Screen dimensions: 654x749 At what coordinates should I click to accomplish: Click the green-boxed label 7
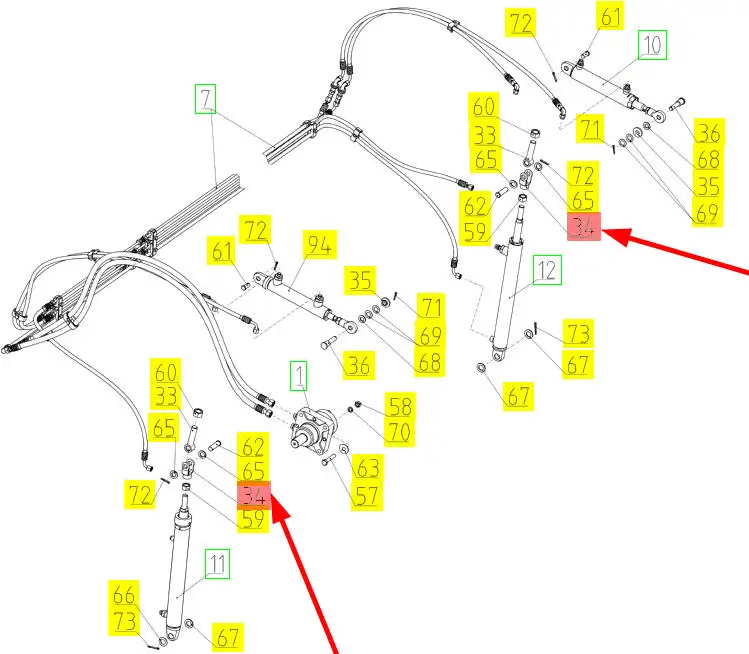[206, 100]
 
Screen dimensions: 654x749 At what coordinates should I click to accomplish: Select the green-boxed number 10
[652, 45]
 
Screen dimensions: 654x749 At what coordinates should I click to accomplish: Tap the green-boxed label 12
[547, 269]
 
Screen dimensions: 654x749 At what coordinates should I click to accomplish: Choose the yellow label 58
[400, 407]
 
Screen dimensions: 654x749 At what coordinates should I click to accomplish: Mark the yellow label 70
[400, 432]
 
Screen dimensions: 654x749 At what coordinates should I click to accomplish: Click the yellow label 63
[368, 467]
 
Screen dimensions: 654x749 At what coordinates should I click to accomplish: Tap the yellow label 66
[124, 596]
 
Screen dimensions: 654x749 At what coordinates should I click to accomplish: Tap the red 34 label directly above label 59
[254, 494]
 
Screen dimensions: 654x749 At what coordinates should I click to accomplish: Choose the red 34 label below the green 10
[582, 228]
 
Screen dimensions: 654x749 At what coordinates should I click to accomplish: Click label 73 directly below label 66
[124, 621]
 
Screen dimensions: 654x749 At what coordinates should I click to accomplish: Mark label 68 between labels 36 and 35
[709, 159]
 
